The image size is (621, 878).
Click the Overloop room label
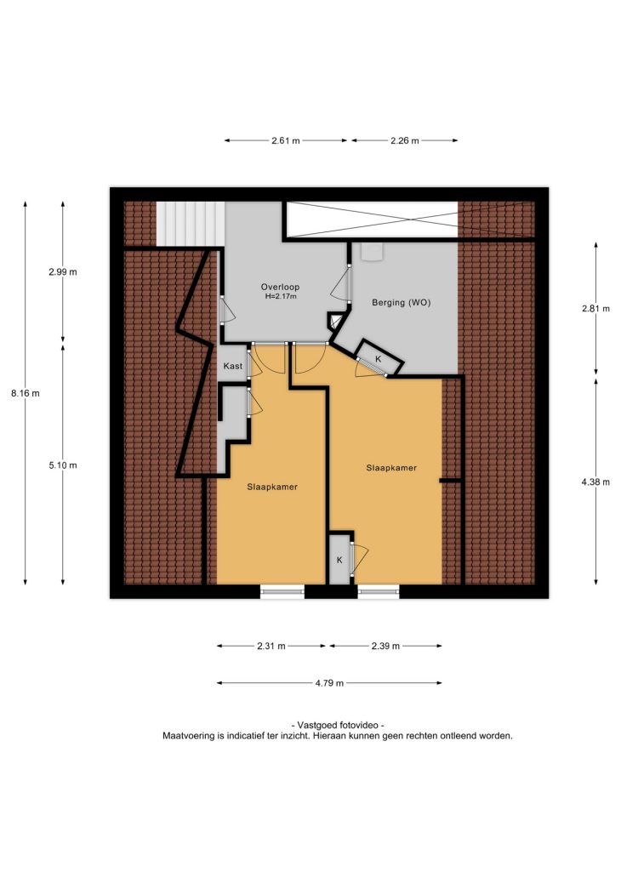tap(280, 287)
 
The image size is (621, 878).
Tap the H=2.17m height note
tap(281, 296)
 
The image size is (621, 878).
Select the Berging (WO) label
tap(401, 302)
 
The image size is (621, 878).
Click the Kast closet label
tap(233, 366)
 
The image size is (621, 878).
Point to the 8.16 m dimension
tap(26, 393)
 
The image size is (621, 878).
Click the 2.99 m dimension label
tap(63, 272)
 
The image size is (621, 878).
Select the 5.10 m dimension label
tap(63, 465)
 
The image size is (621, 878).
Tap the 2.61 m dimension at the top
tap(286, 140)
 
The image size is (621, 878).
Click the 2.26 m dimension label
tap(405, 140)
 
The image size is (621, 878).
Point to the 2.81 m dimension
tap(595, 309)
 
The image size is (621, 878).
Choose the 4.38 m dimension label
tap(595, 482)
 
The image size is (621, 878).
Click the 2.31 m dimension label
tap(271, 647)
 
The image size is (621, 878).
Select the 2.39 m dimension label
tap(386, 647)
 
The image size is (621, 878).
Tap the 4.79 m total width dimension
tap(329, 683)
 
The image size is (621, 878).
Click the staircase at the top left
tap(191, 224)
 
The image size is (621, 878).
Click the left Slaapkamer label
tap(272, 487)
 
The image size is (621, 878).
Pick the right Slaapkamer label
tap(391, 468)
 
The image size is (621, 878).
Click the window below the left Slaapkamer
tap(282, 591)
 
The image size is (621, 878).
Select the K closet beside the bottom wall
tap(339, 560)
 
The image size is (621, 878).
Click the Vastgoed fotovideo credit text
tap(338, 725)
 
